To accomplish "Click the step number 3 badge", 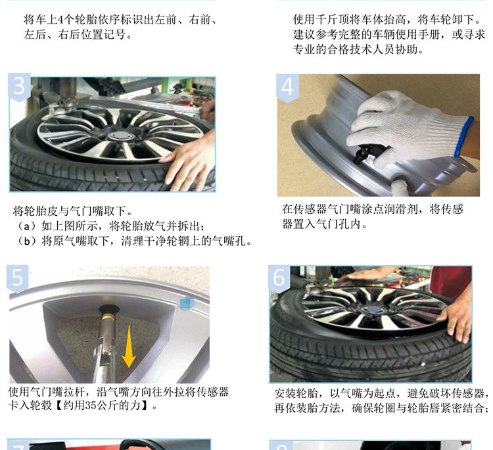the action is pyautogui.click(x=19, y=87).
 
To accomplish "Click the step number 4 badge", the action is pyautogui.click(x=287, y=87).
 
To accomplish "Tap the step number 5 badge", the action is pyautogui.click(x=17, y=278).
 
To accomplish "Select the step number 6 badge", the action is pyautogui.click(x=279, y=278).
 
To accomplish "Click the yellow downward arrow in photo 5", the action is pyautogui.click(x=129, y=347).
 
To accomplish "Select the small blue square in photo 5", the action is pyautogui.click(x=185, y=304).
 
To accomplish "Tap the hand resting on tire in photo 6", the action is pyautogui.click(x=456, y=318).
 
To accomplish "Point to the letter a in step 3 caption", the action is pyautogui.click(x=28, y=226).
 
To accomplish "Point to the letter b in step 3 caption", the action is pyautogui.click(x=28, y=241).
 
